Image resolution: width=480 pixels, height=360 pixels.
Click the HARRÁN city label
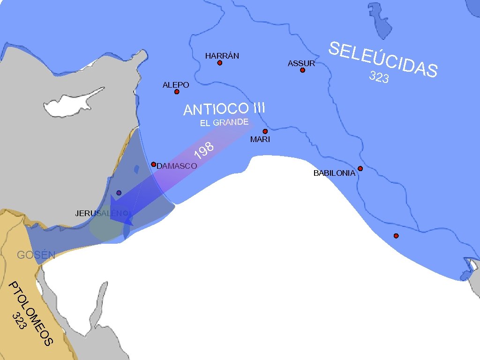(x=222, y=56)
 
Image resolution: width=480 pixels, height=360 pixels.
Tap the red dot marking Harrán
(x=219, y=63)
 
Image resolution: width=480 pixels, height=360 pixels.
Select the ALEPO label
(x=175, y=85)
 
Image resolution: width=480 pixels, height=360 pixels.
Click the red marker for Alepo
(x=177, y=92)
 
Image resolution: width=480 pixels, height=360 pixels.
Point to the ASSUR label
(x=301, y=63)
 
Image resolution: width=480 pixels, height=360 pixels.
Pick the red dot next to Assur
(x=302, y=70)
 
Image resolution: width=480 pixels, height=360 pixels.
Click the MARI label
(x=260, y=139)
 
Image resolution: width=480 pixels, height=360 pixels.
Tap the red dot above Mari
(x=265, y=131)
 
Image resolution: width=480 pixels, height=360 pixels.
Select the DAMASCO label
(x=177, y=166)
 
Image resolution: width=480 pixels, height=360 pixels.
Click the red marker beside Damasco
(x=153, y=164)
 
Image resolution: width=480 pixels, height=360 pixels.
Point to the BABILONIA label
(x=334, y=173)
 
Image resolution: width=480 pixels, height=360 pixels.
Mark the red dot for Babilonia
(x=360, y=168)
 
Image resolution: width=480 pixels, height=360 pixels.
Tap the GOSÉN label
(x=36, y=255)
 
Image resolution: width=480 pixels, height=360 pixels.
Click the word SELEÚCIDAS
(x=383, y=59)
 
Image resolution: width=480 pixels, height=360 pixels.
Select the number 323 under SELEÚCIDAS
(x=379, y=77)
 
